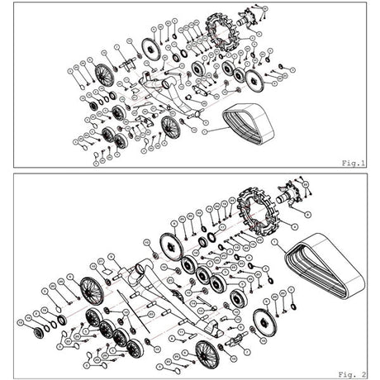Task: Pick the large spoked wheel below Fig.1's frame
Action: coord(170,126)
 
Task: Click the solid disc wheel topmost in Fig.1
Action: coord(150,48)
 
